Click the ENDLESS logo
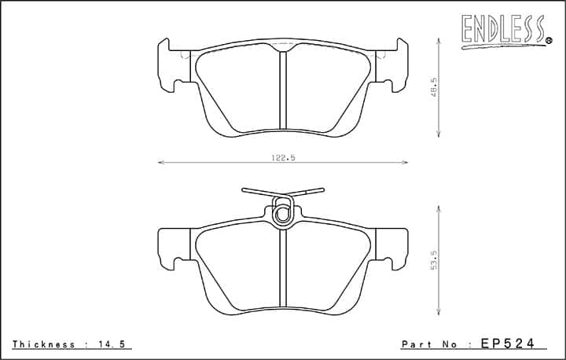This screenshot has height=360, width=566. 504,31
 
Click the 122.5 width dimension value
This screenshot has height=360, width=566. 283,157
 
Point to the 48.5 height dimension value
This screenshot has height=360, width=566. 434,87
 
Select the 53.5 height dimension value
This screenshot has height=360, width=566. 434,260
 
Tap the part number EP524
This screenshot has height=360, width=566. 507,343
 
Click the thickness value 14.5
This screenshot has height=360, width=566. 112,344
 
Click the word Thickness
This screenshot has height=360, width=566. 44,344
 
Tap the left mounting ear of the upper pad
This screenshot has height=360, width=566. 174,65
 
